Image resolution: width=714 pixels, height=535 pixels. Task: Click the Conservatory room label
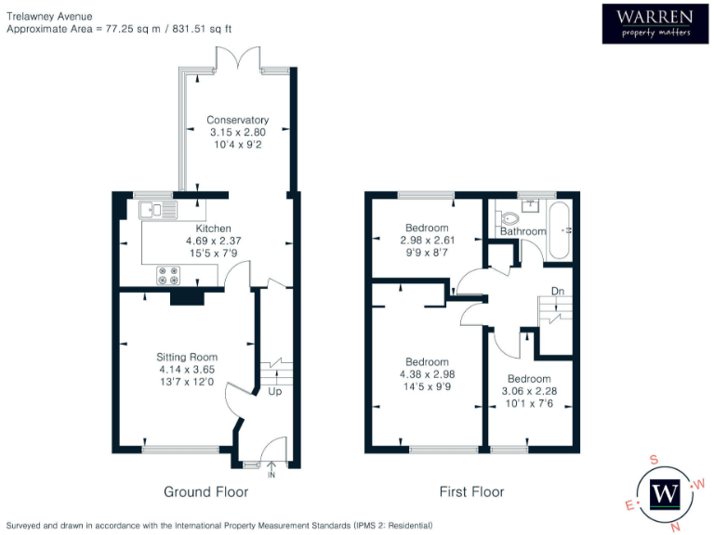coord(237,120)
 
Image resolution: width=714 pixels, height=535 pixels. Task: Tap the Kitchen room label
coord(213,228)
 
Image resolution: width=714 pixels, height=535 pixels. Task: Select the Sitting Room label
coord(187,357)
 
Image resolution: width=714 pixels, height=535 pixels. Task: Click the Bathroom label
coord(522,231)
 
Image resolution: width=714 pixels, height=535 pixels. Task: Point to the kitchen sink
coord(158,210)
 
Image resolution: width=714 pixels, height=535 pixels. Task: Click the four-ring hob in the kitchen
coord(169,275)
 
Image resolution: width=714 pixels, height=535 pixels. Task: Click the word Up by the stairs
coord(275,393)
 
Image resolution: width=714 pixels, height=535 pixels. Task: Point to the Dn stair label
coord(557,291)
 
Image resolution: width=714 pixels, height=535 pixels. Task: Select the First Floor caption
coord(471,491)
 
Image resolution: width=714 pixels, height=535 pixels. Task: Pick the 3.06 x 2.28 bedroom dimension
coord(528,391)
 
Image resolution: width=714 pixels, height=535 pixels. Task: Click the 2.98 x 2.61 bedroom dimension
coord(427,241)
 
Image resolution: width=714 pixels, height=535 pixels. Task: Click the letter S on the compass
coord(654,460)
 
